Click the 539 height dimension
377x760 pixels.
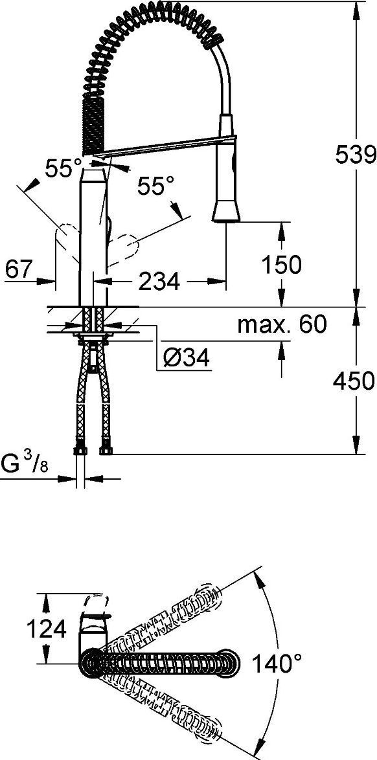click(355, 155)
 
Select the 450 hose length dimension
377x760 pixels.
click(354, 381)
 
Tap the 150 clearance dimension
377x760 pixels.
click(281, 264)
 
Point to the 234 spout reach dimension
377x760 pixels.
click(159, 281)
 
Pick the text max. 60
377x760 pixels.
click(282, 324)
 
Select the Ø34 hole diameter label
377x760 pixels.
click(187, 359)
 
